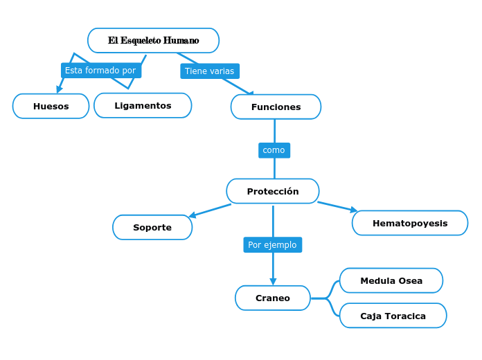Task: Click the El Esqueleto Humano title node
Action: [153, 40]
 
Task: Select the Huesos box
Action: [51, 106]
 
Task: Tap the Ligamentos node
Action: [143, 105]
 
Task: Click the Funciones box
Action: [276, 107]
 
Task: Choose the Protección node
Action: [273, 191]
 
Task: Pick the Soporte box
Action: [152, 227]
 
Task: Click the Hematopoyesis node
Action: [410, 223]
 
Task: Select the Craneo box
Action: [273, 298]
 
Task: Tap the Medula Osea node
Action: [391, 280]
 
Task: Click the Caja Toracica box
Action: [393, 316]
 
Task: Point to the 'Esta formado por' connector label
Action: [100, 71]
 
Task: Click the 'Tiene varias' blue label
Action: [210, 71]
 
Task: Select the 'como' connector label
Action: [274, 150]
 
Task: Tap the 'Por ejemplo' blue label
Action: [272, 245]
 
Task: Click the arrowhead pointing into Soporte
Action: [193, 216]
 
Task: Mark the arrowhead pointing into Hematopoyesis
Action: [354, 209]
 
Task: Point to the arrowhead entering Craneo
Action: [273, 282]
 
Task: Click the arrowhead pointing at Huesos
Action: [60, 89]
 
